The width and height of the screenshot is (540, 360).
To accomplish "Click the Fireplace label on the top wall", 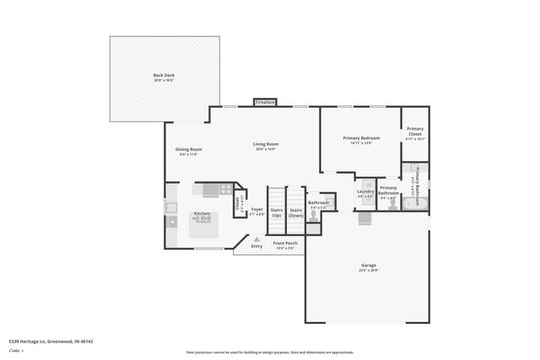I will (x=265, y=102).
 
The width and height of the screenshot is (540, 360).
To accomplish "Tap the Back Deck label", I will (x=163, y=78).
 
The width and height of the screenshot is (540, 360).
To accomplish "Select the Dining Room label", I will (x=188, y=151).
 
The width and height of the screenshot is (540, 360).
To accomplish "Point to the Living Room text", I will (x=266, y=145).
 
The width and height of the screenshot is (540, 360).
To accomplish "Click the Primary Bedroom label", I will (x=360, y=139).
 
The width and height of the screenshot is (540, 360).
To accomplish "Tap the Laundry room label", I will (x=365, y=192).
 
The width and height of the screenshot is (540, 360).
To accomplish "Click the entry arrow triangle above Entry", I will (x=257, y=239).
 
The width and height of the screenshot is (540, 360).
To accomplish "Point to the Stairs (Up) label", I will (x=276, y=212).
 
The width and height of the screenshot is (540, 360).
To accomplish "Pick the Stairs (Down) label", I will (x=295, y=212).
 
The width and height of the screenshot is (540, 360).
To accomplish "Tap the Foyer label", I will (x=256, y=211).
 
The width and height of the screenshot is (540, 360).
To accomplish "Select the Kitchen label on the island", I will (x=202, y=215).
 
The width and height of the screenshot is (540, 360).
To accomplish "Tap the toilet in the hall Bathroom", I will (x=313, y=216).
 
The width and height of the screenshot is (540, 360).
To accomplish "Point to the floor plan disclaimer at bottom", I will (x=269, y=352).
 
